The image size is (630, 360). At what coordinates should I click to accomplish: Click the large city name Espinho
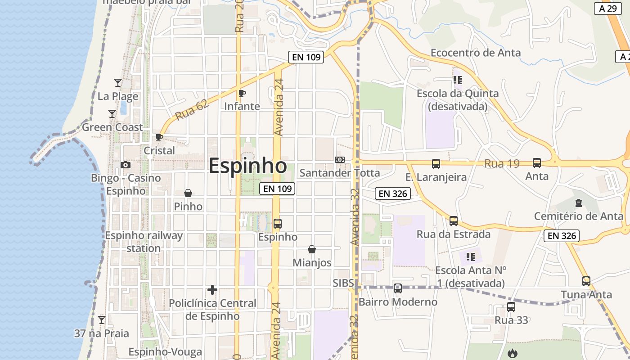pos(247,166)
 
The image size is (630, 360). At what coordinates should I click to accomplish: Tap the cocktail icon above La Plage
pos(118,83)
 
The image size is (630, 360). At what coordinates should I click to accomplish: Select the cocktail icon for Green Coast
pos(112,114)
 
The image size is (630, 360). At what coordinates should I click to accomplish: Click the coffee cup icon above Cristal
pos(159,137)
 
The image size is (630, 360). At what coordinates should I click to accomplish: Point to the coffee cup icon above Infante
pos(242,93)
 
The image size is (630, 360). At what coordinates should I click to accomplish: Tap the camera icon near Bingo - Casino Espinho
pos(126,165)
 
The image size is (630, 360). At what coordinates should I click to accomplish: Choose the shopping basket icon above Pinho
pos(188,193)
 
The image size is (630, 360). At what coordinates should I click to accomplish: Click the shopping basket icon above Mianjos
pos(312,249)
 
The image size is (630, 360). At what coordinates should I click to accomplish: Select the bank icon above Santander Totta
pos(340,160)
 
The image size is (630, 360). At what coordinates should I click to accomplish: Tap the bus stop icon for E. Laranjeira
pos(436,163)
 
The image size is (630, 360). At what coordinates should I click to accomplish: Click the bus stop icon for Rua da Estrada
pos(454,221)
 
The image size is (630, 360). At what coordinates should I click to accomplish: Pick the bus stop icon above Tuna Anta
pos(586,281)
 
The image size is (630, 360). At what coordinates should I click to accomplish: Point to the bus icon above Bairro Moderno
pos(398,288)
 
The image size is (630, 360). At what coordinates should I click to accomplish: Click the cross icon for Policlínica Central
pos(212,290)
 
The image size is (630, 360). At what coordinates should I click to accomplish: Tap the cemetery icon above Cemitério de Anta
pos(579,203)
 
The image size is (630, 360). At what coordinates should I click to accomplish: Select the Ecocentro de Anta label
pos(476,53)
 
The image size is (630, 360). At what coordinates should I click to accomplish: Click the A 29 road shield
pos(608,9)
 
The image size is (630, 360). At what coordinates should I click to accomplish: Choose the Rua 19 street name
pos(502,164)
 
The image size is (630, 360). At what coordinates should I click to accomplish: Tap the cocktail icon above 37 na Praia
pos(102,320)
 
